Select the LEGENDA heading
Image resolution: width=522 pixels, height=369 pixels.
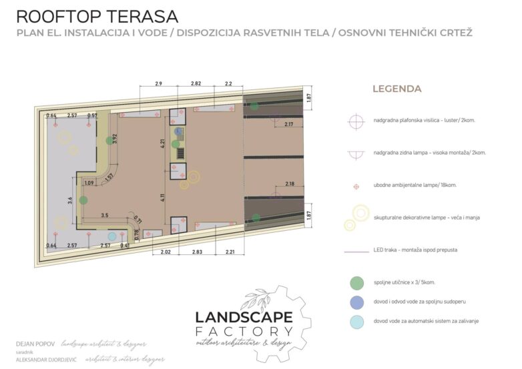tap(397, 88)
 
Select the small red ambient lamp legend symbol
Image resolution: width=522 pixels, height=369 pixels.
tap(356, 185)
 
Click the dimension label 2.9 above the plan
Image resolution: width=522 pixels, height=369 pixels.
tap(158, 83)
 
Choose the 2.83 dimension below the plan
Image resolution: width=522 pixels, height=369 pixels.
tap(196, 252)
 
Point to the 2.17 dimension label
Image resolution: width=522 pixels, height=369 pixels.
tap(289, 124)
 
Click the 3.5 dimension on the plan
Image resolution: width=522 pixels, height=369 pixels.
tap(105, 216)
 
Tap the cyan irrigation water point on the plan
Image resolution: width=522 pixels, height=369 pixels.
tap(112, 236)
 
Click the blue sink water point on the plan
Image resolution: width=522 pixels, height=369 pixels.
tap(178, 131)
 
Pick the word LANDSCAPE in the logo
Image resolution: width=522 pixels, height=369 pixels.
tap(243, 318)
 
